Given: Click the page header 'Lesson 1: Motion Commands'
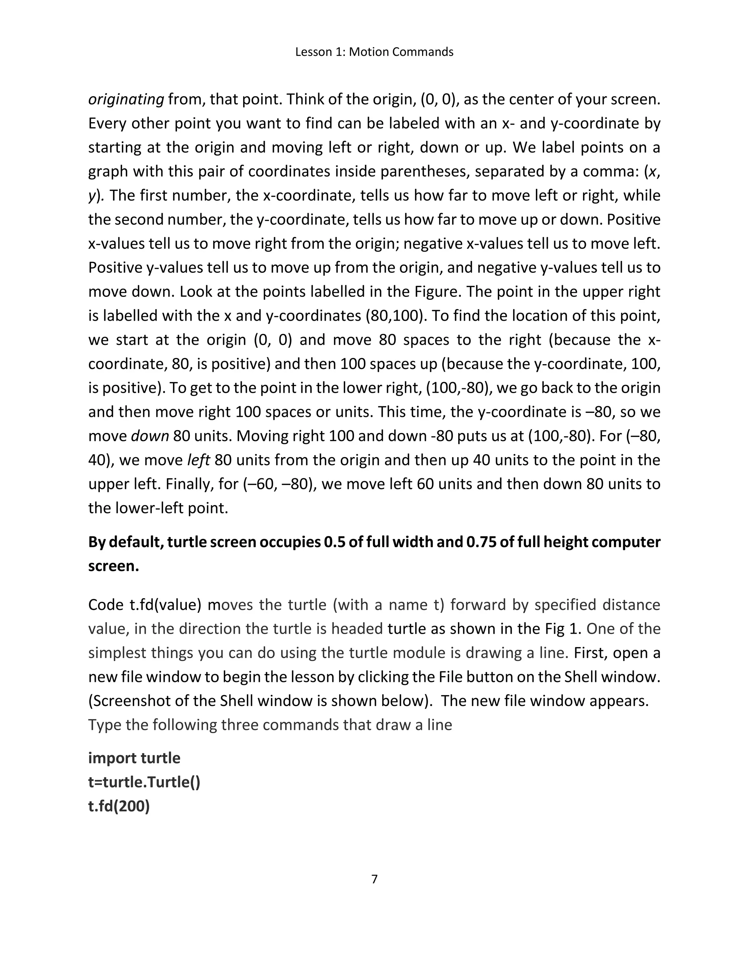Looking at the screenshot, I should coord(374,52).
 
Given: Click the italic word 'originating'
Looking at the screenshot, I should coord(127,99).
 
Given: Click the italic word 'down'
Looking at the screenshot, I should coord(150,436).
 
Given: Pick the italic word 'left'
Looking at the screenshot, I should coord(198,460).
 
